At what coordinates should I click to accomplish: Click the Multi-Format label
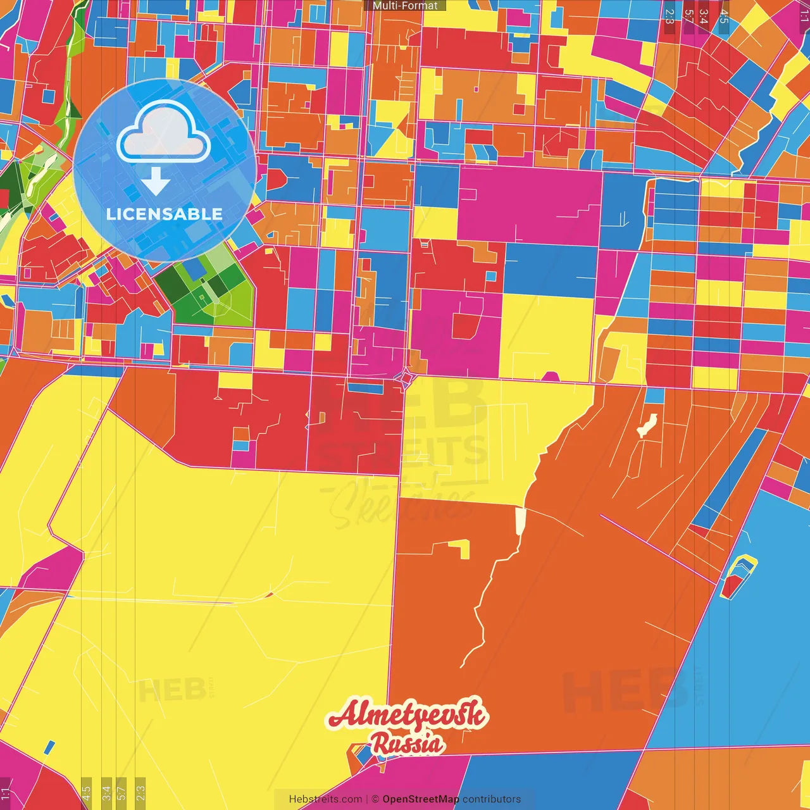click(x=405, y=6)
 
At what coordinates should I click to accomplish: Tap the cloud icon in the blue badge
click(x=164, y=132)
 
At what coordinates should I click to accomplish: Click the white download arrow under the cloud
click(x=155, y=181)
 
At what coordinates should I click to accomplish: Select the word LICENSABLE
click(x=165, y=214)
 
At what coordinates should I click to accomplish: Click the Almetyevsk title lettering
click(x=408, y=715)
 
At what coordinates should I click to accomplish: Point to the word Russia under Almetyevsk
click(x=407, y=744)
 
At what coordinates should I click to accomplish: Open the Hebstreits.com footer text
click(x=325, y=799)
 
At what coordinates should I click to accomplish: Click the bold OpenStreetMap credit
click(x=421, y=799)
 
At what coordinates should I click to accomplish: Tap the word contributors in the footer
click(x=492, y=799)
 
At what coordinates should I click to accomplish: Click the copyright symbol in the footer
click(x=375, y=799)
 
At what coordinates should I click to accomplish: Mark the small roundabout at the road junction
click(x=406, y=378)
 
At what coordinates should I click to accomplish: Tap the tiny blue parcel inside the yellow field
click(x=49, y=747)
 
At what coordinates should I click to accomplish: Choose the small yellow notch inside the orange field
click(x=460, y=548)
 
